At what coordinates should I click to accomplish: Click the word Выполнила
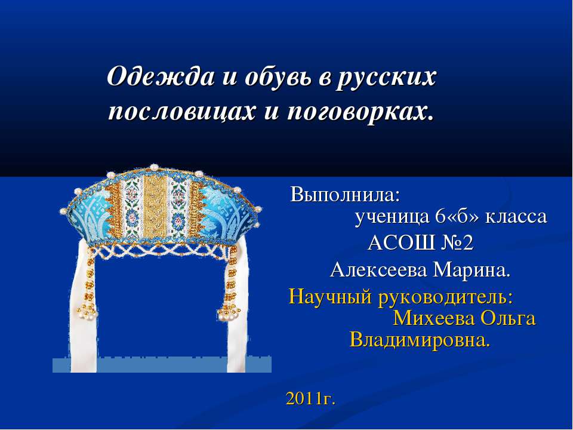coord(346,195)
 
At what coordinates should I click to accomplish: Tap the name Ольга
coord(508,318)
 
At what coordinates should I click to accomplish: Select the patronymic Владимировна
coord(420,340)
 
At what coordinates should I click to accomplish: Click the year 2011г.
coord(311,398)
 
